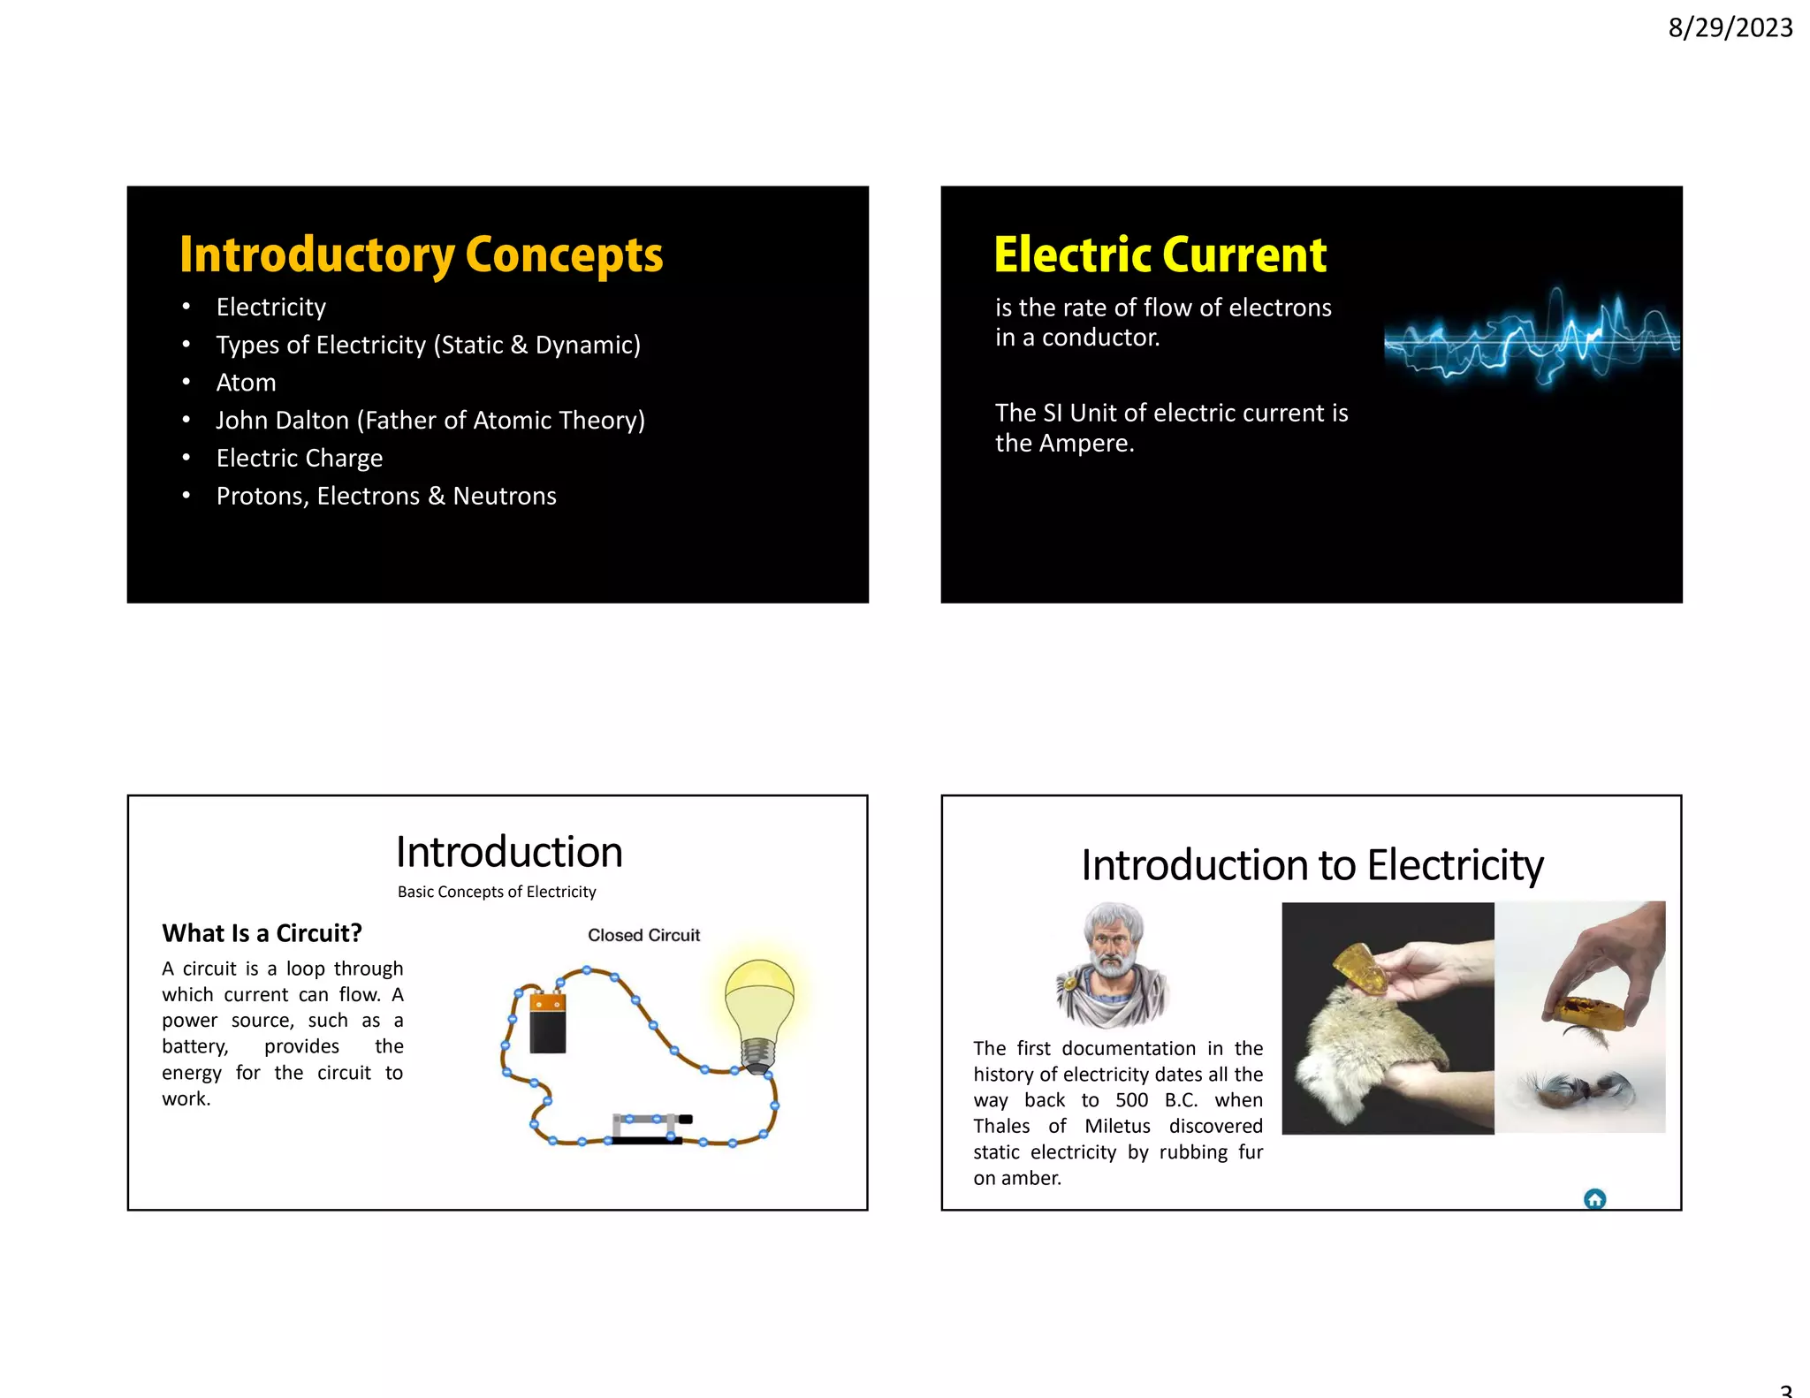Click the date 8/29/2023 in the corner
(1730, 28)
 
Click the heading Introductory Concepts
(421, 255)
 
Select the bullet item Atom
(246, 383)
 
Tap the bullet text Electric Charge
(299, 458)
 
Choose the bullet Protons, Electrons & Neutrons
(385, 496)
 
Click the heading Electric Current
(1160, 255)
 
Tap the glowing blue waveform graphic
(1531, 339)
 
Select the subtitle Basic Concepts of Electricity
(497, 892)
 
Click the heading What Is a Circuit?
(262, 933)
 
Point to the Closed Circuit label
(643, 935)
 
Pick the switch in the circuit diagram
(650, 1127)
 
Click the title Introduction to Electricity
(1312, 864)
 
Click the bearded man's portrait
(1114, 963)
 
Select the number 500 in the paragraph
(1131, 1100)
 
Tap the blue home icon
(1594, 1199)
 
